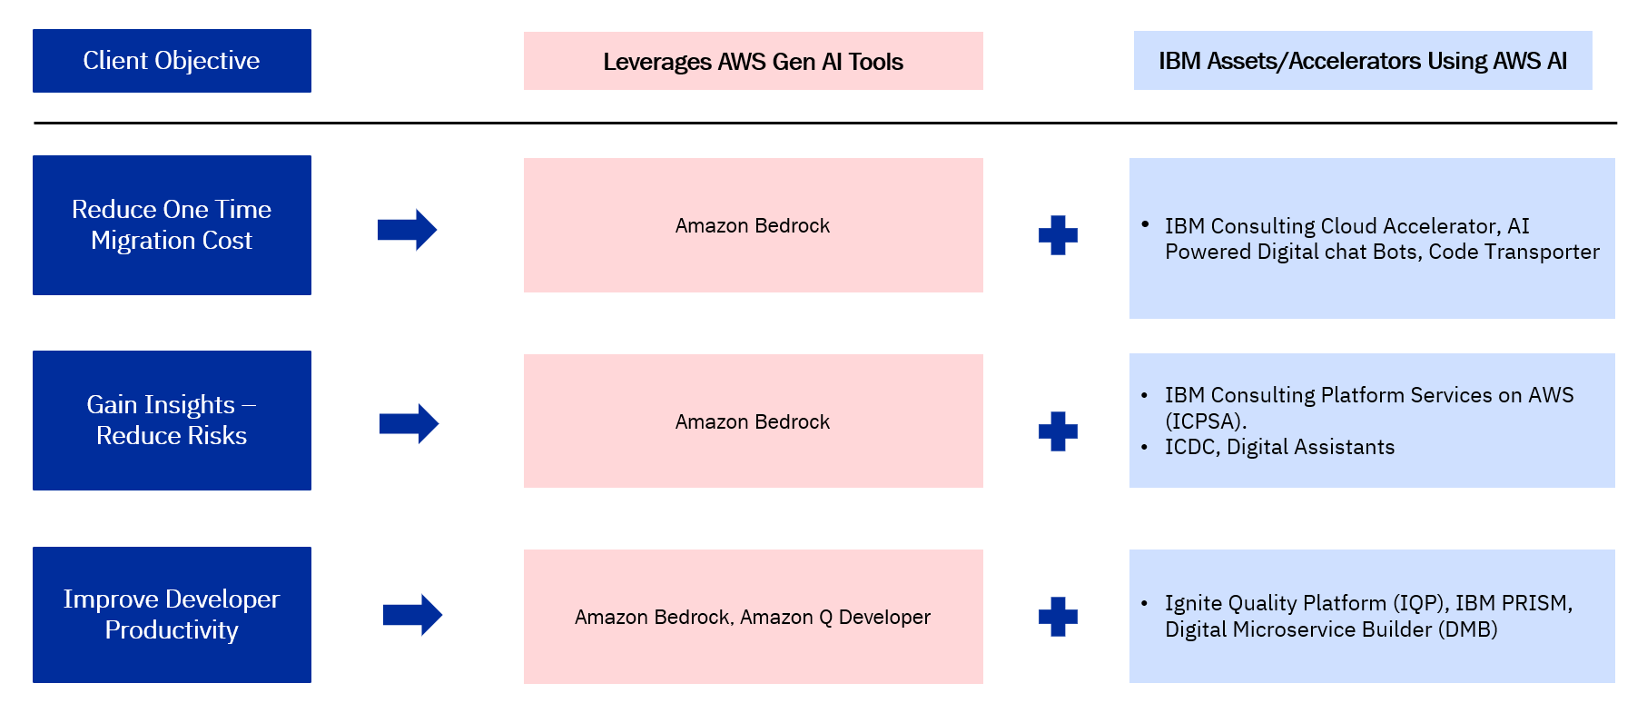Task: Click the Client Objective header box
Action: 172,61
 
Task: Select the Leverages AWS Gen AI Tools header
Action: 753,61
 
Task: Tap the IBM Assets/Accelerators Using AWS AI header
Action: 1362,61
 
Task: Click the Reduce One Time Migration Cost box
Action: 172,225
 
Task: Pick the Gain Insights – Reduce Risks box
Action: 172,421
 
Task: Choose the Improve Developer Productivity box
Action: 172,615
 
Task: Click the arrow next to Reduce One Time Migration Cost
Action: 408,230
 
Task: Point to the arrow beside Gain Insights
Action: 409,424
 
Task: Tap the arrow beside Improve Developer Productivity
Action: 412,615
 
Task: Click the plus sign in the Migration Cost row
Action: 1058,235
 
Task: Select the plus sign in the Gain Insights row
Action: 1058,431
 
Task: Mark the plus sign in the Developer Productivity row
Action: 1058,617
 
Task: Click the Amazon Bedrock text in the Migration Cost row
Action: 752,226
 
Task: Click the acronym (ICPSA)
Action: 1206,421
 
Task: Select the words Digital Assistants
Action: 1310,447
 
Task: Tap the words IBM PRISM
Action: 1513,603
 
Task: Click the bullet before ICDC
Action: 1145,447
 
